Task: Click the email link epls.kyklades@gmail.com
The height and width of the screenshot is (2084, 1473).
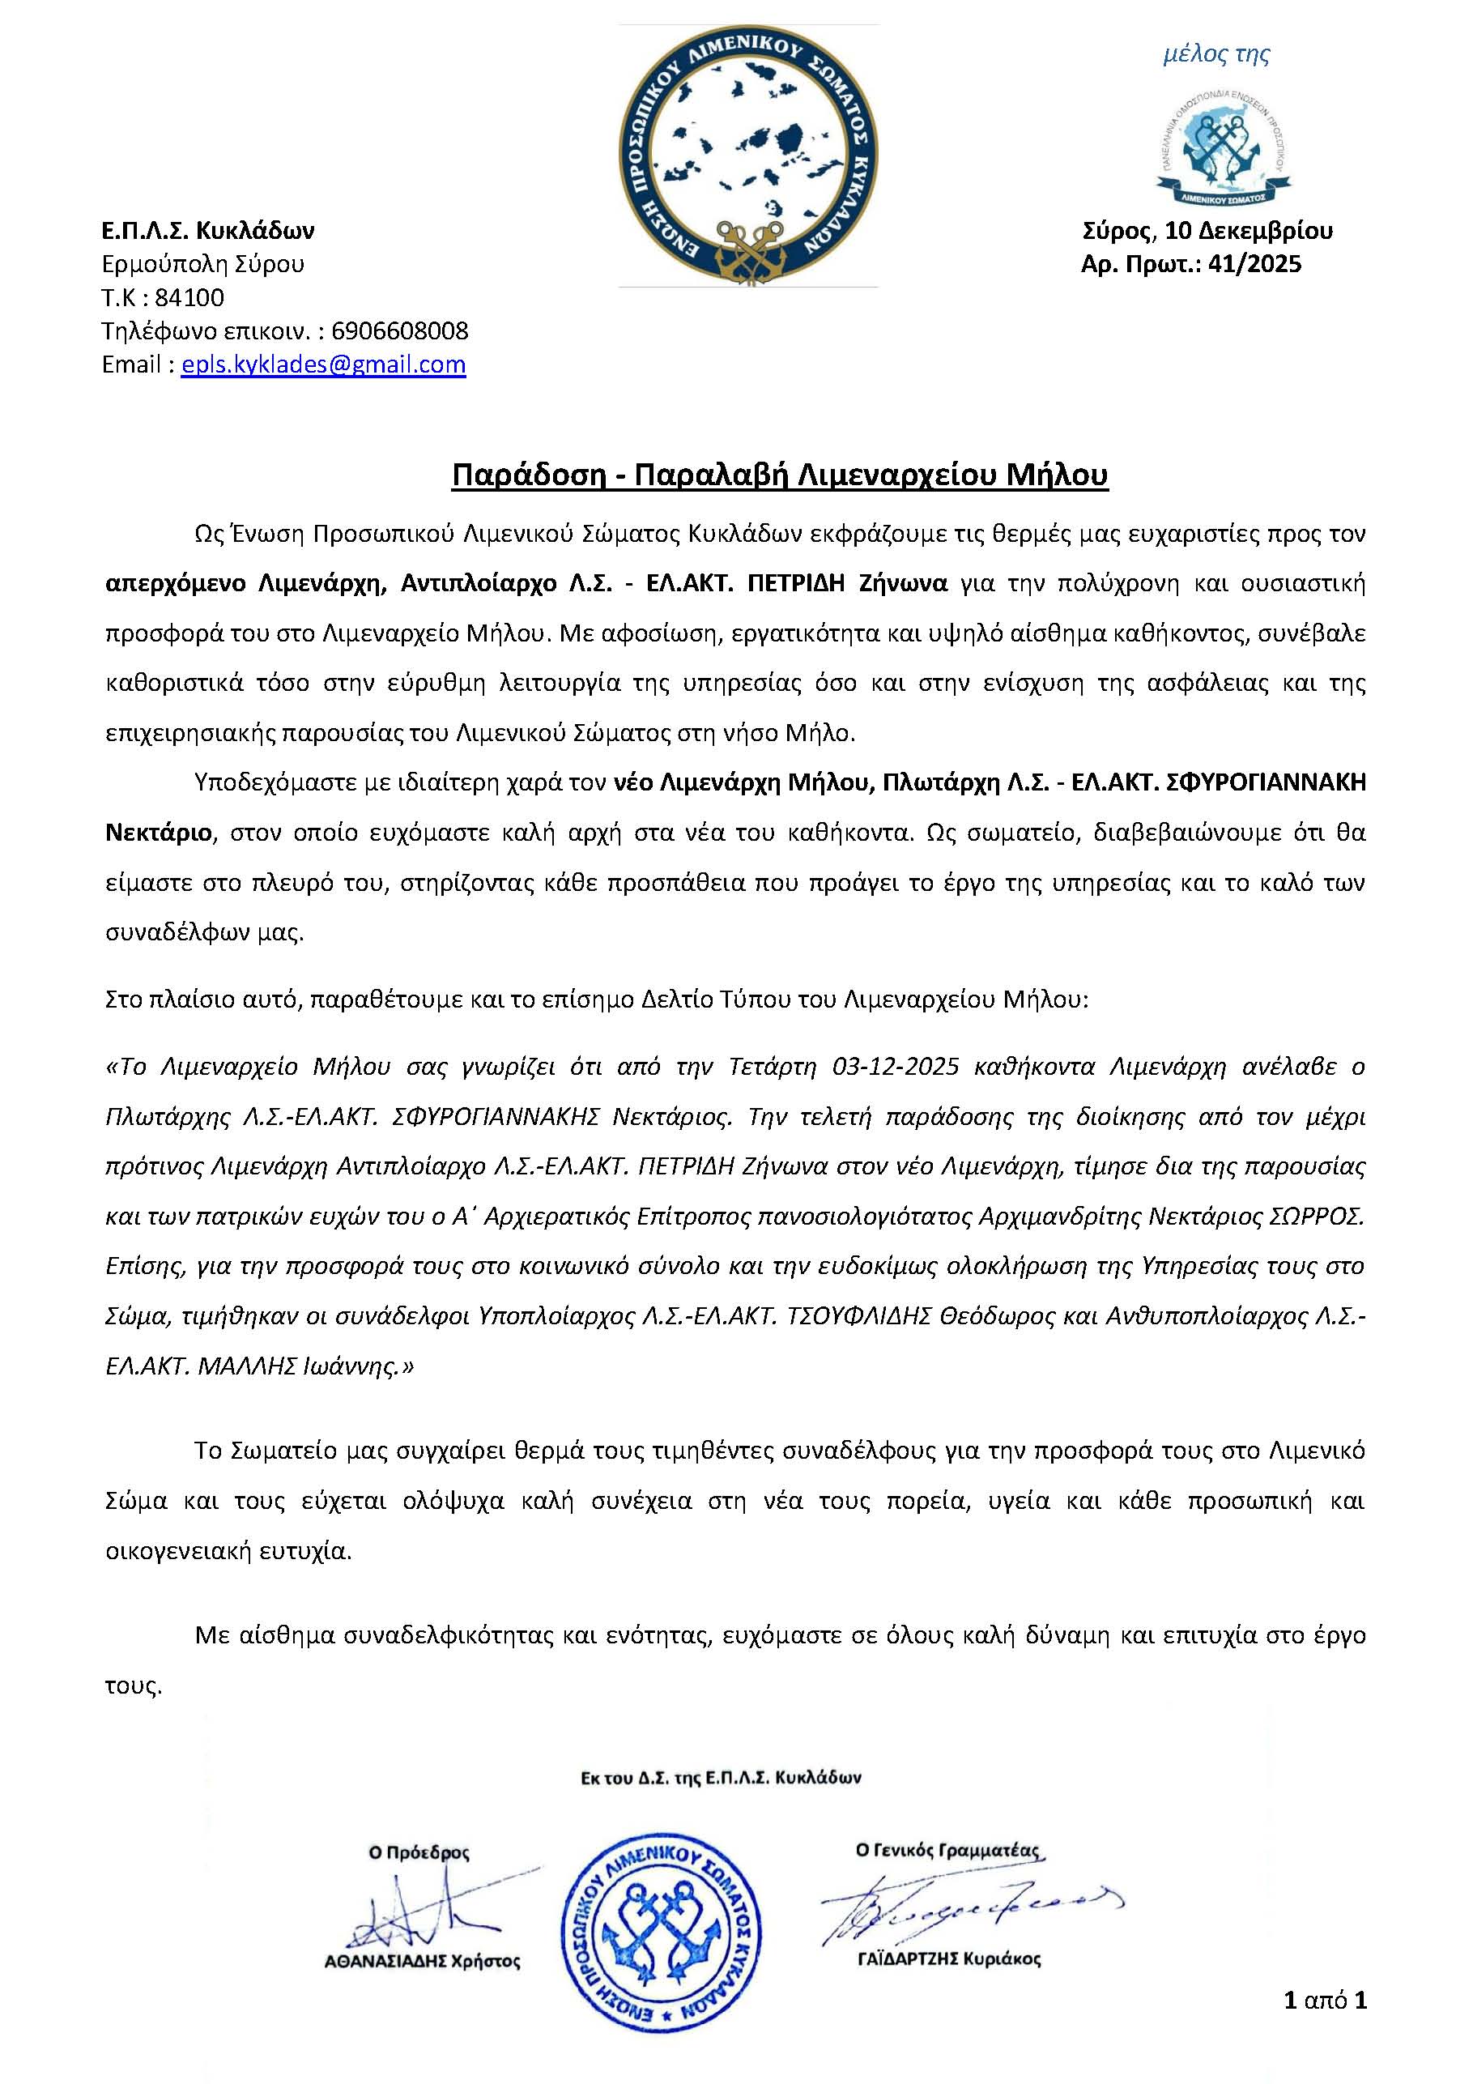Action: (323, 364)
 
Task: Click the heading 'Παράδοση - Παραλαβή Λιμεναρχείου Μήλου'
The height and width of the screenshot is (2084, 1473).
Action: (780, 475)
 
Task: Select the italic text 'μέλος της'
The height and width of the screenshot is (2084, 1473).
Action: (1216, 55)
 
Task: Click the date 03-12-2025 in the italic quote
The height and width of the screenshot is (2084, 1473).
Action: (895, 1066)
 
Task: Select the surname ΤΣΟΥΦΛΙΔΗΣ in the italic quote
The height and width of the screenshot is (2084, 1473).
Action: (856, 1316)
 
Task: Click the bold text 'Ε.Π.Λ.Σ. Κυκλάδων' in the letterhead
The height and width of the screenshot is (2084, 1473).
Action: (208, 231)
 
